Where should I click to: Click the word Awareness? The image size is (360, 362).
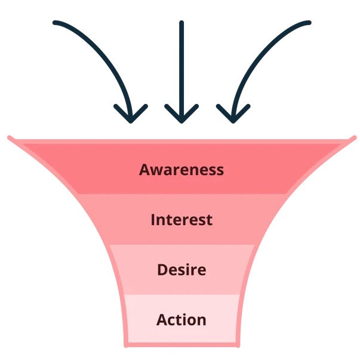(181, 170)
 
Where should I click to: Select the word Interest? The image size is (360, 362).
(181, 220)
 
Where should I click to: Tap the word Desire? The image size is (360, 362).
(181, 269)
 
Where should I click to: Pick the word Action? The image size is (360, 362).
(181, 320)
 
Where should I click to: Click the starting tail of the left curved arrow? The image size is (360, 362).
(55, 23)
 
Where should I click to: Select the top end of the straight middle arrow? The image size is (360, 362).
(181, 23)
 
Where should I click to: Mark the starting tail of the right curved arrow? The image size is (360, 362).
(309, 23)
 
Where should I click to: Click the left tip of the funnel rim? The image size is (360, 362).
(10, 138)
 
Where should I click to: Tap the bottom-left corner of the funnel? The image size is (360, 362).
(127, 345)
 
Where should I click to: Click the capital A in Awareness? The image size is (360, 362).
(145, 170)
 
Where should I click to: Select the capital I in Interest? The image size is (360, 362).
(153, 220)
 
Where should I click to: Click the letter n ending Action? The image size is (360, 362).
(202, 321)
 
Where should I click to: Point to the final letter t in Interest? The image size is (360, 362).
(209, 220)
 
